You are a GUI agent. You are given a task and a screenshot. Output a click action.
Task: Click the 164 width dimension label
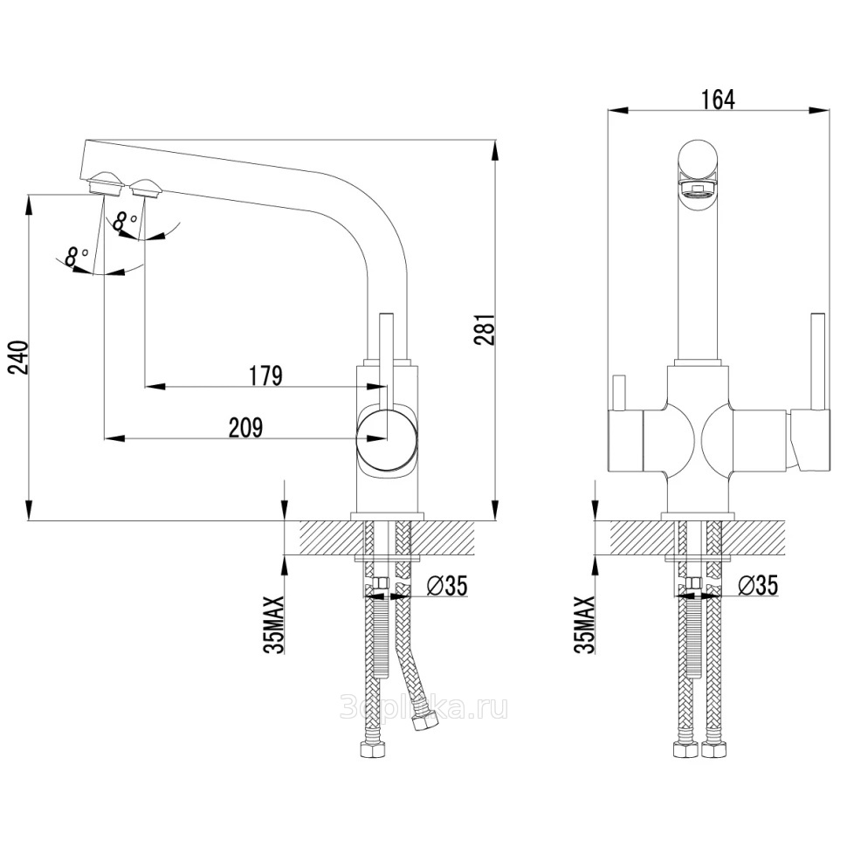pos(717,100)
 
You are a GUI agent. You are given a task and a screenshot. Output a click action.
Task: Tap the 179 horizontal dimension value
pos(265,375)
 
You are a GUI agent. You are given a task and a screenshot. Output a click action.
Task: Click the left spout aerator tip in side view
pos(105,184)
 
